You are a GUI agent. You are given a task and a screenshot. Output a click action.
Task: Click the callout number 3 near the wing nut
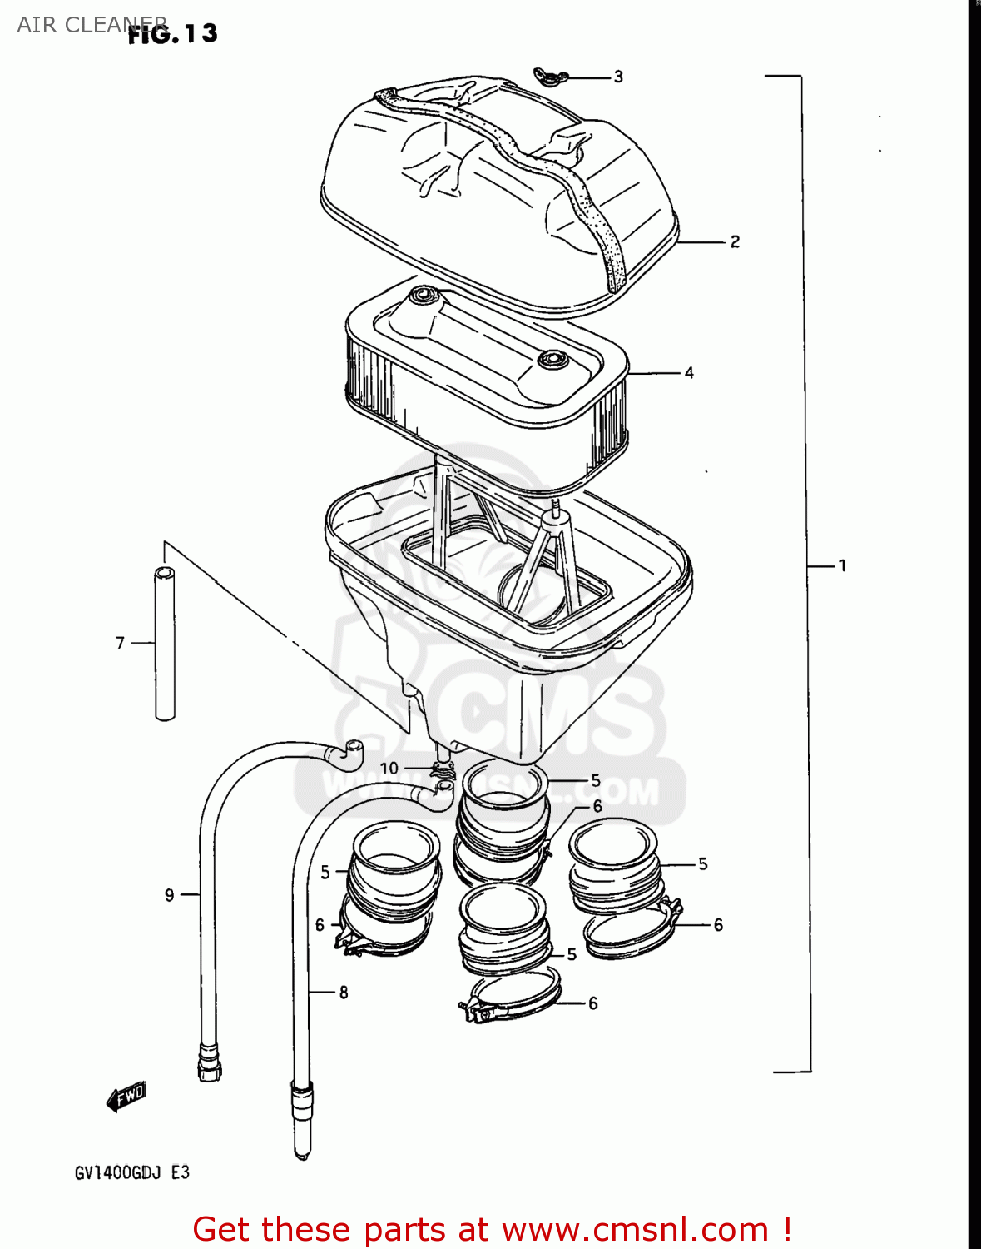(618, 77)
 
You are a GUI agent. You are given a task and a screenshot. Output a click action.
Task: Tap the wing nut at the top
(551, 77)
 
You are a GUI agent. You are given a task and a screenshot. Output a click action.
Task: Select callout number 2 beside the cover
(735, 241)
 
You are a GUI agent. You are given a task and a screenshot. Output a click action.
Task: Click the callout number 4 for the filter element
(689, 373)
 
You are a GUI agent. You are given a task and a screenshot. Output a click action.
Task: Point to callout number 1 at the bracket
(842, 566)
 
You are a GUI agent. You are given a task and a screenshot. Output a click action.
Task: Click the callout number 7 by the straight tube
(120, 643)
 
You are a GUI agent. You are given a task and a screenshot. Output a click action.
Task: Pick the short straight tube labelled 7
(165, 643)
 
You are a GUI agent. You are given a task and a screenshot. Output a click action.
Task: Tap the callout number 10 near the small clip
(389, 768)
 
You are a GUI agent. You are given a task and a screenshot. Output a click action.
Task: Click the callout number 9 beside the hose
(170, 895)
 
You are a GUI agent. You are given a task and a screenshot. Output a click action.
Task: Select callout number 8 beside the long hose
(344, 993)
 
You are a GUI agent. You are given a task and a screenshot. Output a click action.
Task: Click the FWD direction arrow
(127, 1097)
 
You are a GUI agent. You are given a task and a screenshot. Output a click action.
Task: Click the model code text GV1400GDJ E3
(132, 1172)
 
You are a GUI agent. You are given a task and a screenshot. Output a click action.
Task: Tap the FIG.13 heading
(173, 34)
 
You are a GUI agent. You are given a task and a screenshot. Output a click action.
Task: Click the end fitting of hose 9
(210, 1061)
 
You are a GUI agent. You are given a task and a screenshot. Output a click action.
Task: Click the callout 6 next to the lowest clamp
(593, 1003)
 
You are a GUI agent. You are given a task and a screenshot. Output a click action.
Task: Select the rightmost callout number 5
(703, 864)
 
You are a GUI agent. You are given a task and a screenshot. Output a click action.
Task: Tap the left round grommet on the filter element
(422, 294)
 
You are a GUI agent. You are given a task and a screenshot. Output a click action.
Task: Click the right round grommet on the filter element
(550, 360)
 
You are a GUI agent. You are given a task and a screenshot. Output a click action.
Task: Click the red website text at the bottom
(491, 1229)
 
